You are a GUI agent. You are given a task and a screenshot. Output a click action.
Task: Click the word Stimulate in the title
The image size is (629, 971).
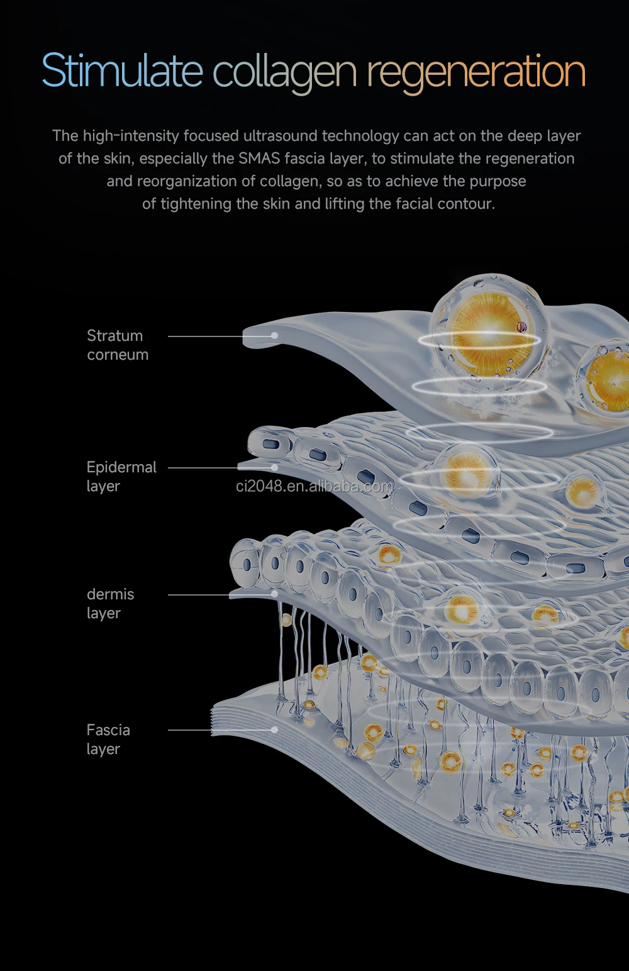[x=122, y=70]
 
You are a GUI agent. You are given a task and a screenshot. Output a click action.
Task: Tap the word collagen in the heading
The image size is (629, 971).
[x=284, y=73]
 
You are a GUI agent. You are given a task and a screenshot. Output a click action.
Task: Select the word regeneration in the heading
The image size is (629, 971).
[x=476, y=73]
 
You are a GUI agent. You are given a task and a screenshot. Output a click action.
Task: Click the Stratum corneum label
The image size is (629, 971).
[x=118, y=345]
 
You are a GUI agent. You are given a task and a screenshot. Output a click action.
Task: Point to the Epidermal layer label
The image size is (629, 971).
[x=121, y=477]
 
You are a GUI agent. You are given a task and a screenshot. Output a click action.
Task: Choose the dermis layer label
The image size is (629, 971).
[x=110, y=604]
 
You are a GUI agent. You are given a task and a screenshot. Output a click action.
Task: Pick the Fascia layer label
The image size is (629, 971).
[x=108, y=740]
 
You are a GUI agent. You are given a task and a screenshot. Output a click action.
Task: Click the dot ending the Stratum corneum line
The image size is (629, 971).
[x=275, y=336]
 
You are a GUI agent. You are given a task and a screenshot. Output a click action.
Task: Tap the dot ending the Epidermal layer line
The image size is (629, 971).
[x=275, y=468]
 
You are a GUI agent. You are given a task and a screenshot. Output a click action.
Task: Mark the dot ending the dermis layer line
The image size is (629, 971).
[x=275, y=594]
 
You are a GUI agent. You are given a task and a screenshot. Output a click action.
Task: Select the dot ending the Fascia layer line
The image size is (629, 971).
[x=275, y=730]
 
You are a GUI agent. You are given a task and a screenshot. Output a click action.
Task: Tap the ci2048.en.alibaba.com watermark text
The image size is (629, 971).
[x=314, y=486]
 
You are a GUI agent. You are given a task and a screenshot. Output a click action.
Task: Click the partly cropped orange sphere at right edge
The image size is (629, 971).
[x=608, y=377]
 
